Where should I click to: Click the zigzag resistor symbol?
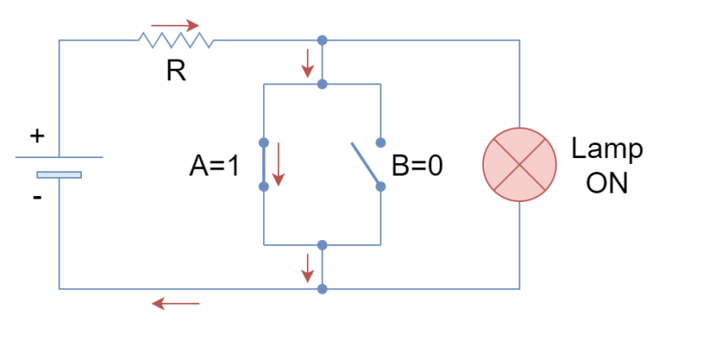pos(176,40)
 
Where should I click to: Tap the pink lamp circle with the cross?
pos(519,165)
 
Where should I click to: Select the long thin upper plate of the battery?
pos(59,157)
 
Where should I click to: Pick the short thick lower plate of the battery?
pos(60,175)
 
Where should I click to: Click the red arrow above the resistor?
pos(175,26)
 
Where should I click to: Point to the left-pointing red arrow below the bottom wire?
pos(175,304)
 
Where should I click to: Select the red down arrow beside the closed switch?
pos(278,164)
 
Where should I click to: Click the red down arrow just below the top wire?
pos(307,63)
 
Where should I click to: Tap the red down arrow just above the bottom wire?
pos(307,268)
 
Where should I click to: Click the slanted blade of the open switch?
pos(365,162)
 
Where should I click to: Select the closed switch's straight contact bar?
pos(264,164)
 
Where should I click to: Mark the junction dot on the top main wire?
pos(322,40)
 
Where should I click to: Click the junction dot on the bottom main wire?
pos(322,289)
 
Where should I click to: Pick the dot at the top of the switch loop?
pos(322,84)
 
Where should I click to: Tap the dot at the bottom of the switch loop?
pos(322,245)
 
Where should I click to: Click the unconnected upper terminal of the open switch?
pos(380,142)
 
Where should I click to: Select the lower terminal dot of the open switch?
pos(380,186)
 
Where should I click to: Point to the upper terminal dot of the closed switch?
pos(264,142)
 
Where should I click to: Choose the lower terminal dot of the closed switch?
pos(264,186)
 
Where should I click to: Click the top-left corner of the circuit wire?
pos(59,40)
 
